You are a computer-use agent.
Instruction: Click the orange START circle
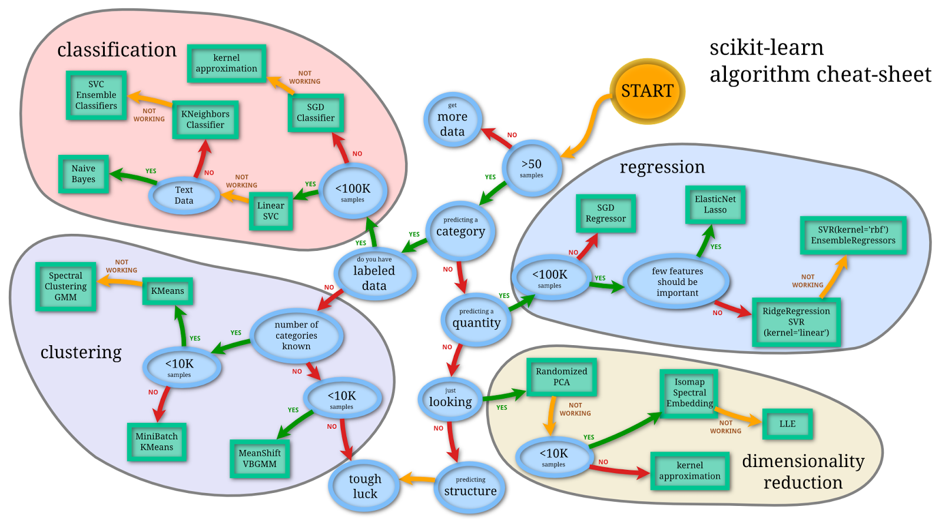click(647, 91)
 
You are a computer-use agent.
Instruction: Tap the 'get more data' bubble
click(452, 120)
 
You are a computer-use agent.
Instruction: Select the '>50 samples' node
click(532, 168)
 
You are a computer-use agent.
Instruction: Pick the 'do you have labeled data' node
click(374, 274)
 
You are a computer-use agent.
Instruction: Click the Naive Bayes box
click(84, 174)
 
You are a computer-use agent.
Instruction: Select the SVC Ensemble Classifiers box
click(96, 95)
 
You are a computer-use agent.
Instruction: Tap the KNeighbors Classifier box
click(205, 120)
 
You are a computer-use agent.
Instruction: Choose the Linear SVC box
click(271, 211)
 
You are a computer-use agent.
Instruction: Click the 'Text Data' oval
click(184, 195)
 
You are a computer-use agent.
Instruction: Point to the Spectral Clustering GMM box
click(65, 286)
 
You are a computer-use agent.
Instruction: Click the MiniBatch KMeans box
click(157, 442)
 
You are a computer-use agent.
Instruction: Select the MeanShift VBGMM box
click(260, 458)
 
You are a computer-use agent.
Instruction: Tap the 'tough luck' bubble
click(364, 486)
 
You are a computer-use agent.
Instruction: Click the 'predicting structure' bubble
click(470, 487)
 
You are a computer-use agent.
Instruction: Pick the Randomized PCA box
click(562, 377)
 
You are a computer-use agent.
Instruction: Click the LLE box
click(787, 423)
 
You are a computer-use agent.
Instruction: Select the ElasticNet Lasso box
click(715, 204)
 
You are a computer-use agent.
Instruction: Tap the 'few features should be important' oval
click(677, 282)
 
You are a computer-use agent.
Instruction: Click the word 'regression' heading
click(662, 167)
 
